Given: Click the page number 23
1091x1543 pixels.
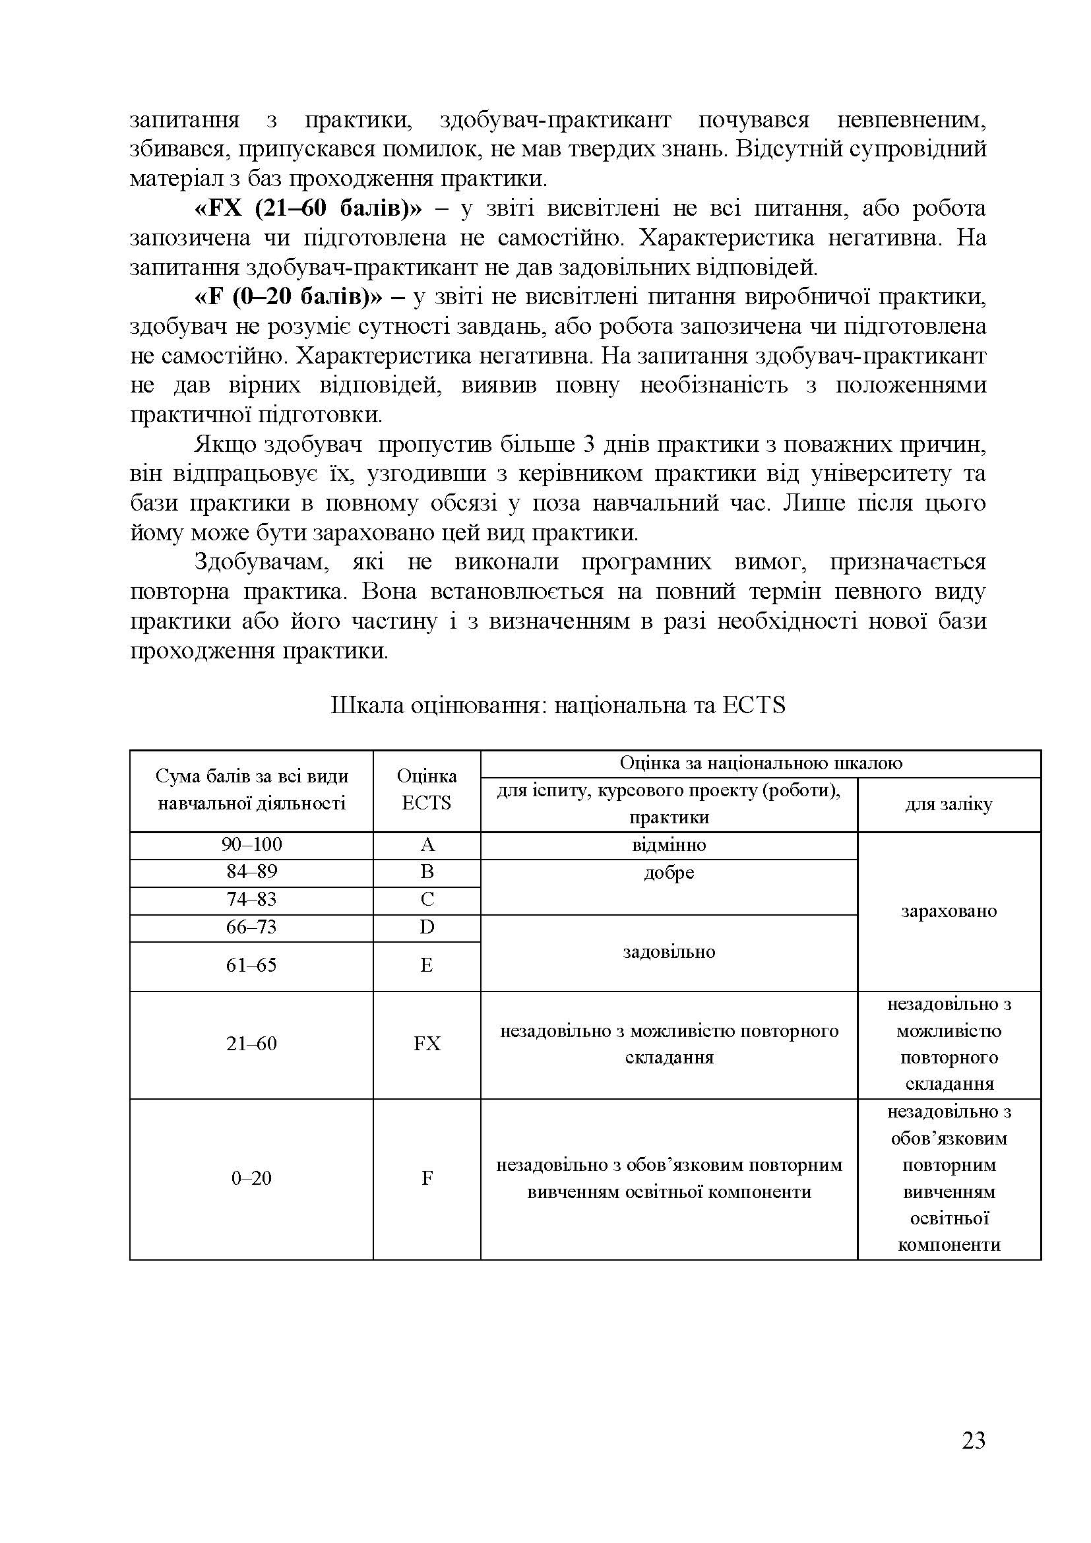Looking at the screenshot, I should coord(973,1460).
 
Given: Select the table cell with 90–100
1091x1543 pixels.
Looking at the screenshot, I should coord(251,845).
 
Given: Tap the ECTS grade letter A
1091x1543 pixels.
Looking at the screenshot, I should coord(427,845).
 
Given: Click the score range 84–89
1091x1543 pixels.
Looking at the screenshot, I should coord(251,872).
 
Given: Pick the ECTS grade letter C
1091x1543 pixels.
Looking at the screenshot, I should coord(427,900).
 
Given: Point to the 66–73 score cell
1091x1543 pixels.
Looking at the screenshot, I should coord(251,928).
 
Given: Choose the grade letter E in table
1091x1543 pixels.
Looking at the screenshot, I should coord(427,965).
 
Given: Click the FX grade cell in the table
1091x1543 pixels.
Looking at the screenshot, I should coord(427,1044).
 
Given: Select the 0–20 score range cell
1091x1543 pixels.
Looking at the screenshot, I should coord(251,1178).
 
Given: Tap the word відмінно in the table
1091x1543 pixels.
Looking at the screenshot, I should coord(668,845).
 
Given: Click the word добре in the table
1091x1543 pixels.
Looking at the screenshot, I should coord(668,873).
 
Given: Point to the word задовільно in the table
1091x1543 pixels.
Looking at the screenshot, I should coord(668,952).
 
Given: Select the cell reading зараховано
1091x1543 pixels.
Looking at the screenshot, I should coord(949,911).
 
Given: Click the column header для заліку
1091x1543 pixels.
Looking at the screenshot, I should coord(949,804).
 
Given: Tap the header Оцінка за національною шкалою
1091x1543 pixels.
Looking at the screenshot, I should coord(761,763).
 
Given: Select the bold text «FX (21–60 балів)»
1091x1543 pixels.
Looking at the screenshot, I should coord(307,208).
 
